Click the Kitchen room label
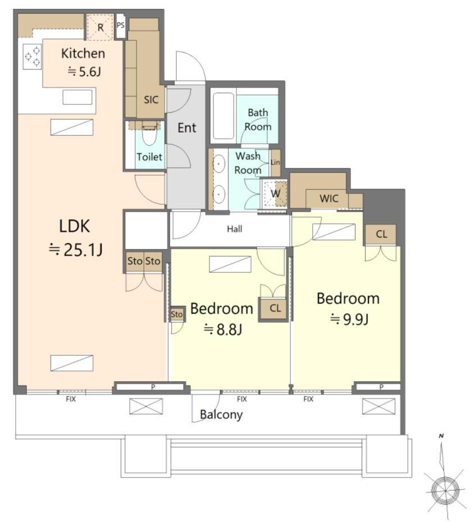[83, 53]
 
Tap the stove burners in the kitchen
[33, 57]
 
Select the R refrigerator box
[101, 28]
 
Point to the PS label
[121, 25]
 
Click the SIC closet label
[151, 99]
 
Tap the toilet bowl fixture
[149, 134]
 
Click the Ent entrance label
[187, 127]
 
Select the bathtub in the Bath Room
[224, 115]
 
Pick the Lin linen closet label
[275, 162]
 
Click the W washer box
[275, 193]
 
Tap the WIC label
[329, 198]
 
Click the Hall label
[235, 228]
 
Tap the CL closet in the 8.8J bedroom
[275, 308]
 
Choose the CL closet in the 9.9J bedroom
[381, 235]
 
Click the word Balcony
[221, 415]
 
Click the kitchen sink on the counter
[78, 97]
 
